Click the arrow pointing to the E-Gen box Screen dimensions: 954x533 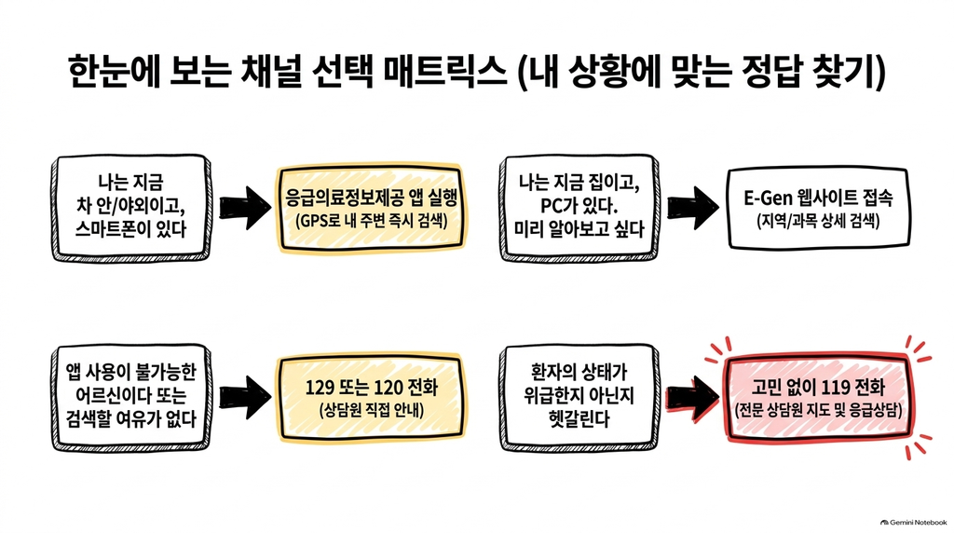point(693,208)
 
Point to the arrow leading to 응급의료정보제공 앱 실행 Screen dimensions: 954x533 point(245,208)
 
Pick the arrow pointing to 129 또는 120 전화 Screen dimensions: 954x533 point(245,397)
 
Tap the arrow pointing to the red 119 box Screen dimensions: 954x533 point(693,397)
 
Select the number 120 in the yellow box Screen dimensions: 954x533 point(388,388)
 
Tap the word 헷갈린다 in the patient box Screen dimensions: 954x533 point(579,418)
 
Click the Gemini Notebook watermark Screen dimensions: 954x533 point(914,522)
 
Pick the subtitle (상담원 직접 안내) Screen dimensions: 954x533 point(371,409)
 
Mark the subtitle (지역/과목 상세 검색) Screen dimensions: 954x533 point(818,221)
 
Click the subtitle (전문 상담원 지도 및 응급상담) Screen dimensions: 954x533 point(818,410)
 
